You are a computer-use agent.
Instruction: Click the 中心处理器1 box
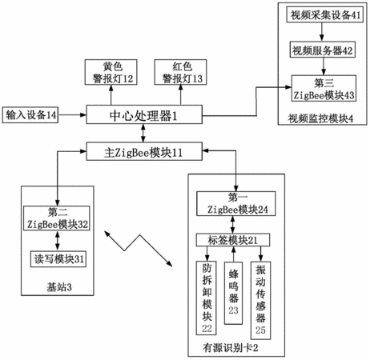click(144, 114)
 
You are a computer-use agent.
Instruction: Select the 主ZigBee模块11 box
click(144, 151)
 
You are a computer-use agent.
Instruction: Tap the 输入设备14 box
click(30, 115)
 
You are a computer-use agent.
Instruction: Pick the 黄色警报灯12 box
click(111, 72)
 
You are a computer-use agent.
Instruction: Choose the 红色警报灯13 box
click(180, 72)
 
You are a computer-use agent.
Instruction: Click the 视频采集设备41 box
click(325, 15)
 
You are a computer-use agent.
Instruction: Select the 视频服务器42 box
click(323, 50)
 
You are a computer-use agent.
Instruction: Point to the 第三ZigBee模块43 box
click(324, 88)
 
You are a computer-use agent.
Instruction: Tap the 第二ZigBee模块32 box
click(57, 218)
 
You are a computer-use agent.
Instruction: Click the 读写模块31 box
click(58, 259)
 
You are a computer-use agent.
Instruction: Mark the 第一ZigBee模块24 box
click(236, 203)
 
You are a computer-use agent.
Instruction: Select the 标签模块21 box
click(233, 240)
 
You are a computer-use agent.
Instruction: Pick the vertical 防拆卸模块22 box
click(207, 298)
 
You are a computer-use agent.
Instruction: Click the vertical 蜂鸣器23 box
click(233, 293)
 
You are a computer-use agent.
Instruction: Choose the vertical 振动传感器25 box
click(260, 300)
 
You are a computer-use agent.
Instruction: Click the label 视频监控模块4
click(320, 118)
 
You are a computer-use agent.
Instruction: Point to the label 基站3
click(59, 287)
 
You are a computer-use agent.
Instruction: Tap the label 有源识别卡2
click(231, 348)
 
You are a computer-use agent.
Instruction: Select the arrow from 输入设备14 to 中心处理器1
click(72, 115)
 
